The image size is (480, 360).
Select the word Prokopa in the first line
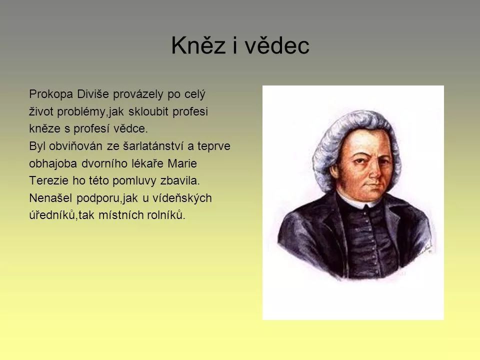[x=51, y=94]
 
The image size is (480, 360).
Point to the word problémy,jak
[x=90, y=111]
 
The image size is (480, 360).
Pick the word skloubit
[x=148, y=111]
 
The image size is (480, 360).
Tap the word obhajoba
[x=53, y=163]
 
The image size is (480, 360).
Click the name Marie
[x=182, y=163]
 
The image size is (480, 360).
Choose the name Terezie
[x=48, y=180]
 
